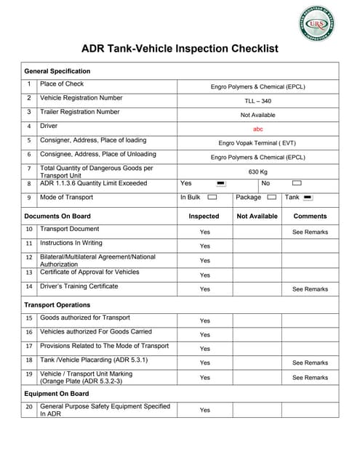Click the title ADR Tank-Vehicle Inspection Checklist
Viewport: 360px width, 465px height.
point(179,49)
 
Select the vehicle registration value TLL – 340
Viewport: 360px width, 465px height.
point(257,100)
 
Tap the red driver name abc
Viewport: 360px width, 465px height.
point(257,129)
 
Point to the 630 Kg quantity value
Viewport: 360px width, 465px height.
point(257,171)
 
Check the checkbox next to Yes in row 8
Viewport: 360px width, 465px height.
point(222,184)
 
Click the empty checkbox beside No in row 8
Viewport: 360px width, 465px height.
point(296,184)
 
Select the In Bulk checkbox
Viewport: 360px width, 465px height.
point(212,198)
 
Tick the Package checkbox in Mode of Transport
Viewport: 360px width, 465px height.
point(271,198)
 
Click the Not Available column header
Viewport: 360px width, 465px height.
point(257,216)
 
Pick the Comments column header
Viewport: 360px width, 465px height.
point(310,216)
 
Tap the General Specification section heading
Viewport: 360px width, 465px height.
point(57,71)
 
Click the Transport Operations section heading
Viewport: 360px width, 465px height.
point(57,304)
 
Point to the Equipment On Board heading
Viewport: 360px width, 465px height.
point(56,393)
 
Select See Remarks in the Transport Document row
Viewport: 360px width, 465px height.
point(310,232)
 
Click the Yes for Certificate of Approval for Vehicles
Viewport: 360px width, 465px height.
point(204,275)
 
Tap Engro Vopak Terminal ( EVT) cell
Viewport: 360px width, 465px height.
point(257,143)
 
